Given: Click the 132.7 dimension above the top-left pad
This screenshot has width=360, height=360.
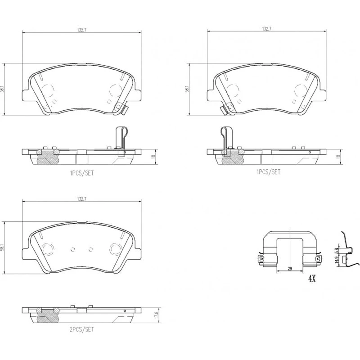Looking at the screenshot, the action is pos(81,30).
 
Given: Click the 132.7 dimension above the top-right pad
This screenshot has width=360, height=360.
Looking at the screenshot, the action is pos(266,29).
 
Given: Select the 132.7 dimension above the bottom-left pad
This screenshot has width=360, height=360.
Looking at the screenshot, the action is pos(81,199).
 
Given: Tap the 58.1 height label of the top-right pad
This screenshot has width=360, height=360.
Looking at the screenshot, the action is pos(187,89).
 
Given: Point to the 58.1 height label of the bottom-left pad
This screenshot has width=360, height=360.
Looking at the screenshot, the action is pos(2,247).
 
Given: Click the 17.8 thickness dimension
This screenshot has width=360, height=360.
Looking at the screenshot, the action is pos(157,315).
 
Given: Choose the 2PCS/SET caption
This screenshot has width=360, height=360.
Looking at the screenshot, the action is pos(82,329).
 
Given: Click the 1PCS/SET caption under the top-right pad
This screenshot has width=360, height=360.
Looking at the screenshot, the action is pos(268,172).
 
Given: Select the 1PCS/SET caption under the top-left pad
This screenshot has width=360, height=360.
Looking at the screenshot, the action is pos(82,173).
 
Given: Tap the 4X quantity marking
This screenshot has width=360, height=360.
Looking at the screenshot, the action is pos(312,279).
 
